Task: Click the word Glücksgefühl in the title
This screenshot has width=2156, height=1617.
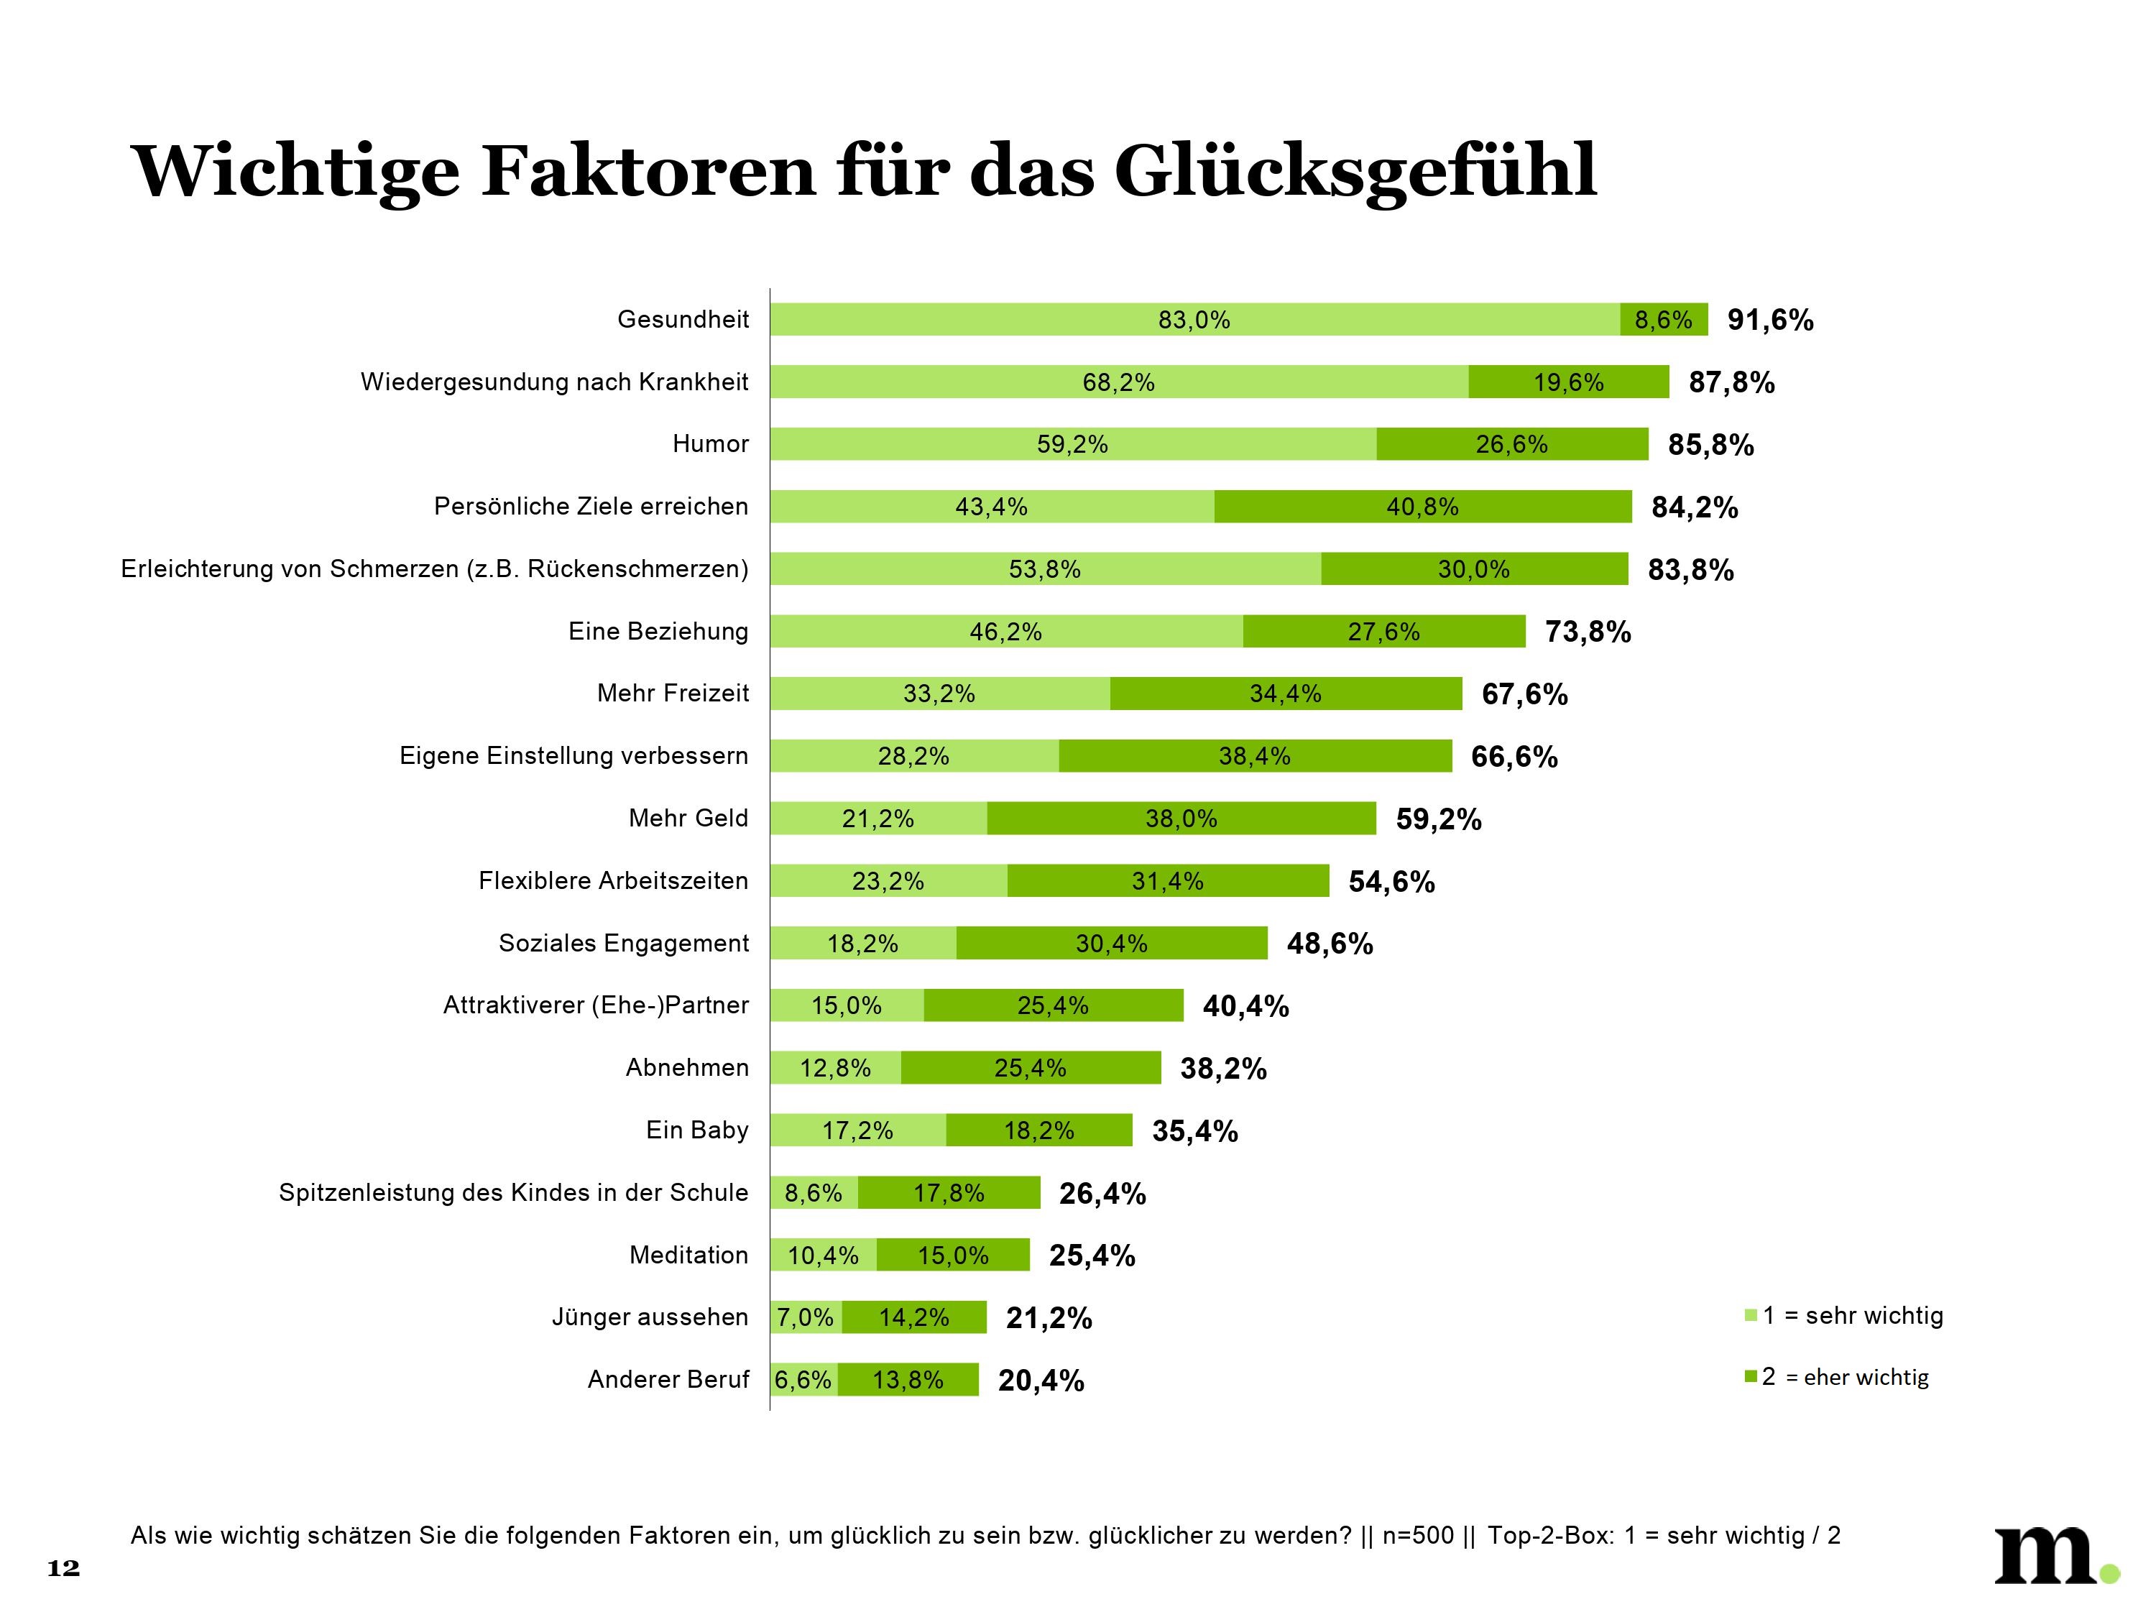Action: tap(1355, 170)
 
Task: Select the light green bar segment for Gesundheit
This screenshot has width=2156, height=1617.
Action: tap(1194, 320)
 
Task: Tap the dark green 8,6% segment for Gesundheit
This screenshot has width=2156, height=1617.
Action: tap(1663, 320)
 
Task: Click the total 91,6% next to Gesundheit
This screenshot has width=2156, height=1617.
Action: tap(1770, 320)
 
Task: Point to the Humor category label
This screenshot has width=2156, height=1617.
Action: tap(711, 444)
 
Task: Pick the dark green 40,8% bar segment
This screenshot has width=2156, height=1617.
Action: tap(1422, 507)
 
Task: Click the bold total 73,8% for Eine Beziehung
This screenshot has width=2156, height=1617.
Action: tap(1588, 632)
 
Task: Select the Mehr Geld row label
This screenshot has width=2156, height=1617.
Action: tap(688, 818)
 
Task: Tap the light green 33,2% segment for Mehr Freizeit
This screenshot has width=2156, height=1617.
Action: tap(939, 694)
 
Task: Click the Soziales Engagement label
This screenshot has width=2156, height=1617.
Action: tap(624, 944)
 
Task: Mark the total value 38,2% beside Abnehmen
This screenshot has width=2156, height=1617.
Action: tap(1223, 1068)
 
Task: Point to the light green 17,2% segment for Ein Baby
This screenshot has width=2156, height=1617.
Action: tap(857, 1130)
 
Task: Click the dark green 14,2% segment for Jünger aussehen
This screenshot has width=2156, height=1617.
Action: tap(913, 1318)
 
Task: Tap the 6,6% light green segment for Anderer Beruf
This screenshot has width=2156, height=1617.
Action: tap(803, 1380)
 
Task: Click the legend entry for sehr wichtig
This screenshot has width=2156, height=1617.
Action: tap(1852, 1316)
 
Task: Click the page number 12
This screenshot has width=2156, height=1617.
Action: tap(63, 1568)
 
